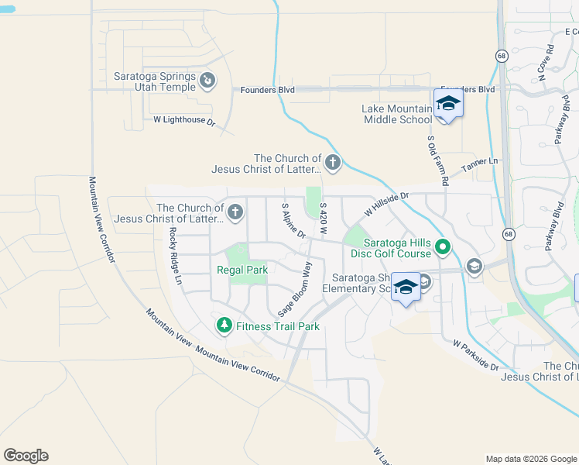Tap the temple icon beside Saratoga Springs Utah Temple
(x=207, y=80)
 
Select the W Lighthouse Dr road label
(x=183, y=120)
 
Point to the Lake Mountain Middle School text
(x=396, y=114)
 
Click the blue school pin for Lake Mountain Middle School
(x=448, y=105)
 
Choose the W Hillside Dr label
(x=385, y=205)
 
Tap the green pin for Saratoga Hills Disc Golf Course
(x=443, y=248)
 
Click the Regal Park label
(x=242, y=270)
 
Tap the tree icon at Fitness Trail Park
(x=224, y=325)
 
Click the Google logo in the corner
(x=26, y=456)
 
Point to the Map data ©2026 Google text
(x=530, y=459)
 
